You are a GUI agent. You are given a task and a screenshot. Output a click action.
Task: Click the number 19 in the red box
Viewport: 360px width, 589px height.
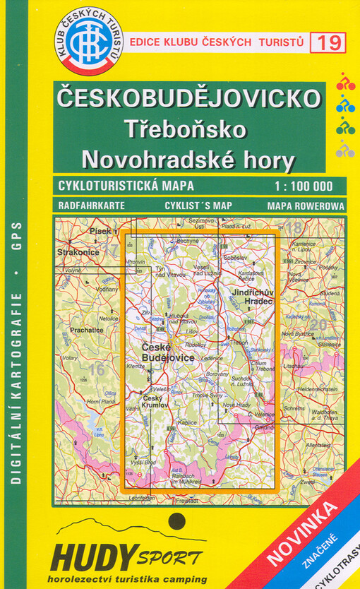click(x=331, y=43)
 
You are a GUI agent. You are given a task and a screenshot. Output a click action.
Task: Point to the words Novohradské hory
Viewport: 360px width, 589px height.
click(x=188, y=160)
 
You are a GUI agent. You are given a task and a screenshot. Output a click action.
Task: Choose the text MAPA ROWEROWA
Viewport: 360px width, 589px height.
click(x=306, y=206)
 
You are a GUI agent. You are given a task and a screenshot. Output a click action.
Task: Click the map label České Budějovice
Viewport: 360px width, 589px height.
click(x=168, y=354)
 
